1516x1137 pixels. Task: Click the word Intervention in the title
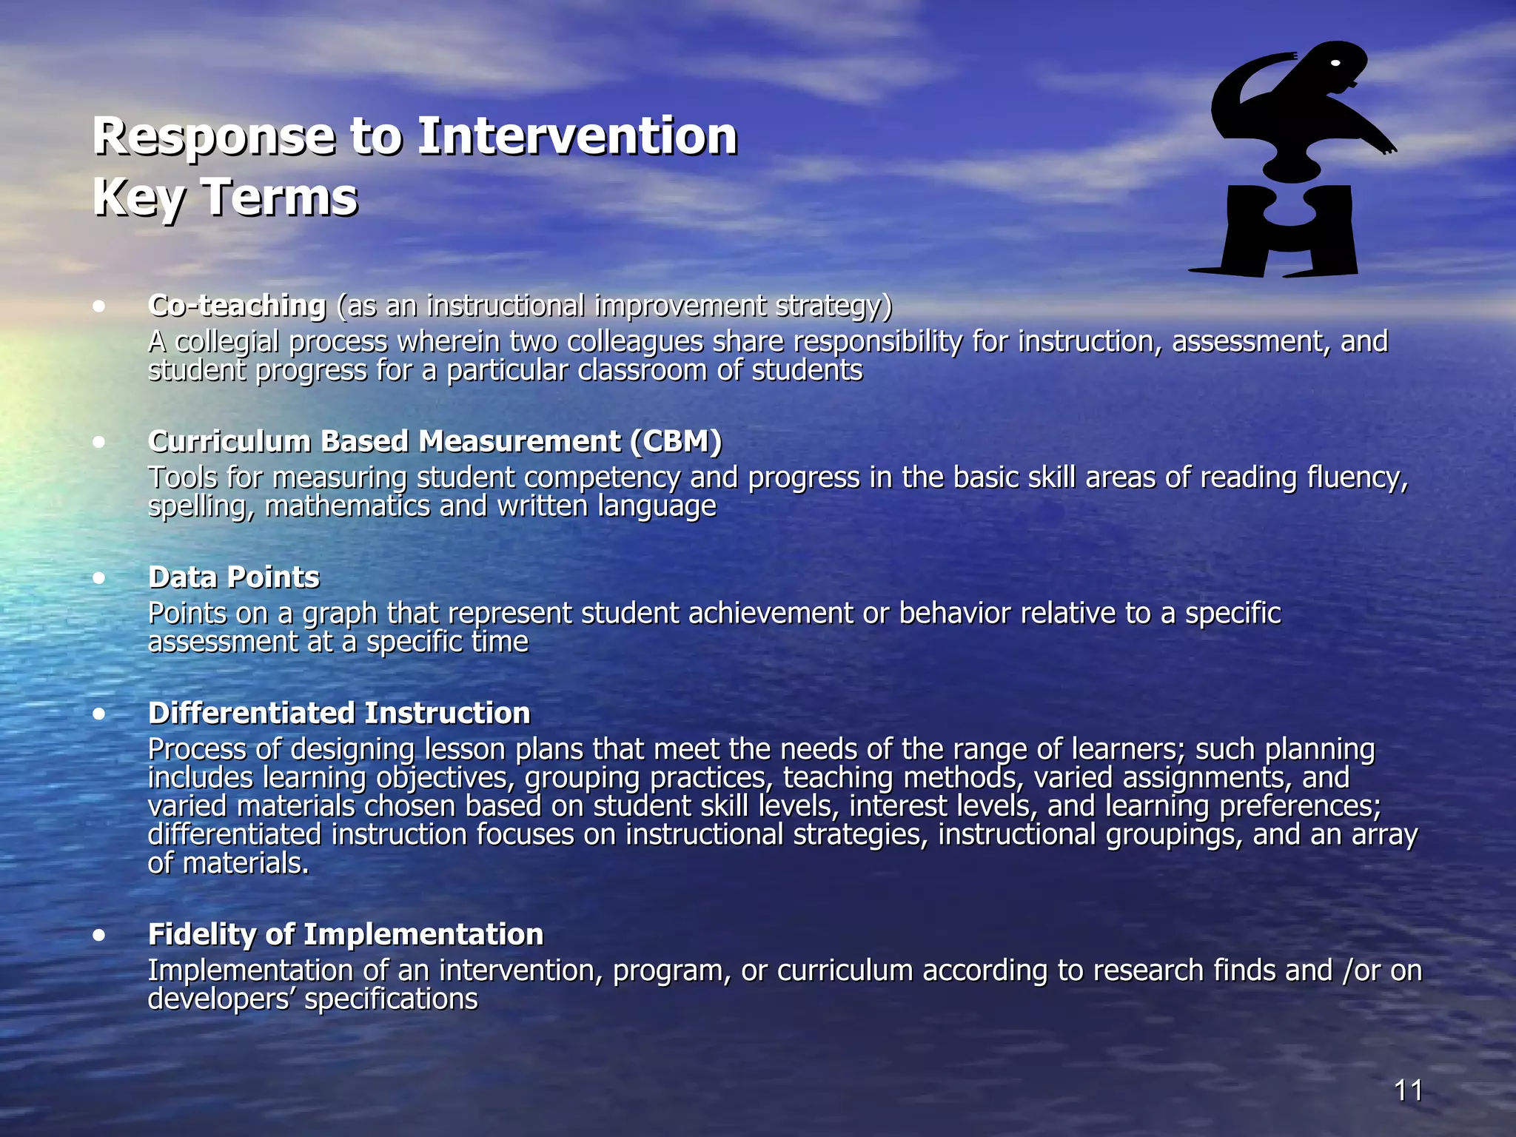(x=577, y=137)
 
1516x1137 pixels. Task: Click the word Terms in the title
(x=279, y=198)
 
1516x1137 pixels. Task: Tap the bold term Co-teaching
(x=237, y=306)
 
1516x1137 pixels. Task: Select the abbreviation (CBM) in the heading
(x=676, y=441)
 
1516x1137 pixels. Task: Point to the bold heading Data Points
(x=234, y=577)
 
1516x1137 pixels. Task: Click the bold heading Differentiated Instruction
(x=339, y=714)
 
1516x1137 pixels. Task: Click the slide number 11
(x=1408, y=1090)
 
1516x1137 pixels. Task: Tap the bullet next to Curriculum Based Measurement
(x=99, y=443)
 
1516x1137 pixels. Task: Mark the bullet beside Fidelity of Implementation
(x=99, y=936)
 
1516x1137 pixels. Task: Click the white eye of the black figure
(x=1335, y=64)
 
